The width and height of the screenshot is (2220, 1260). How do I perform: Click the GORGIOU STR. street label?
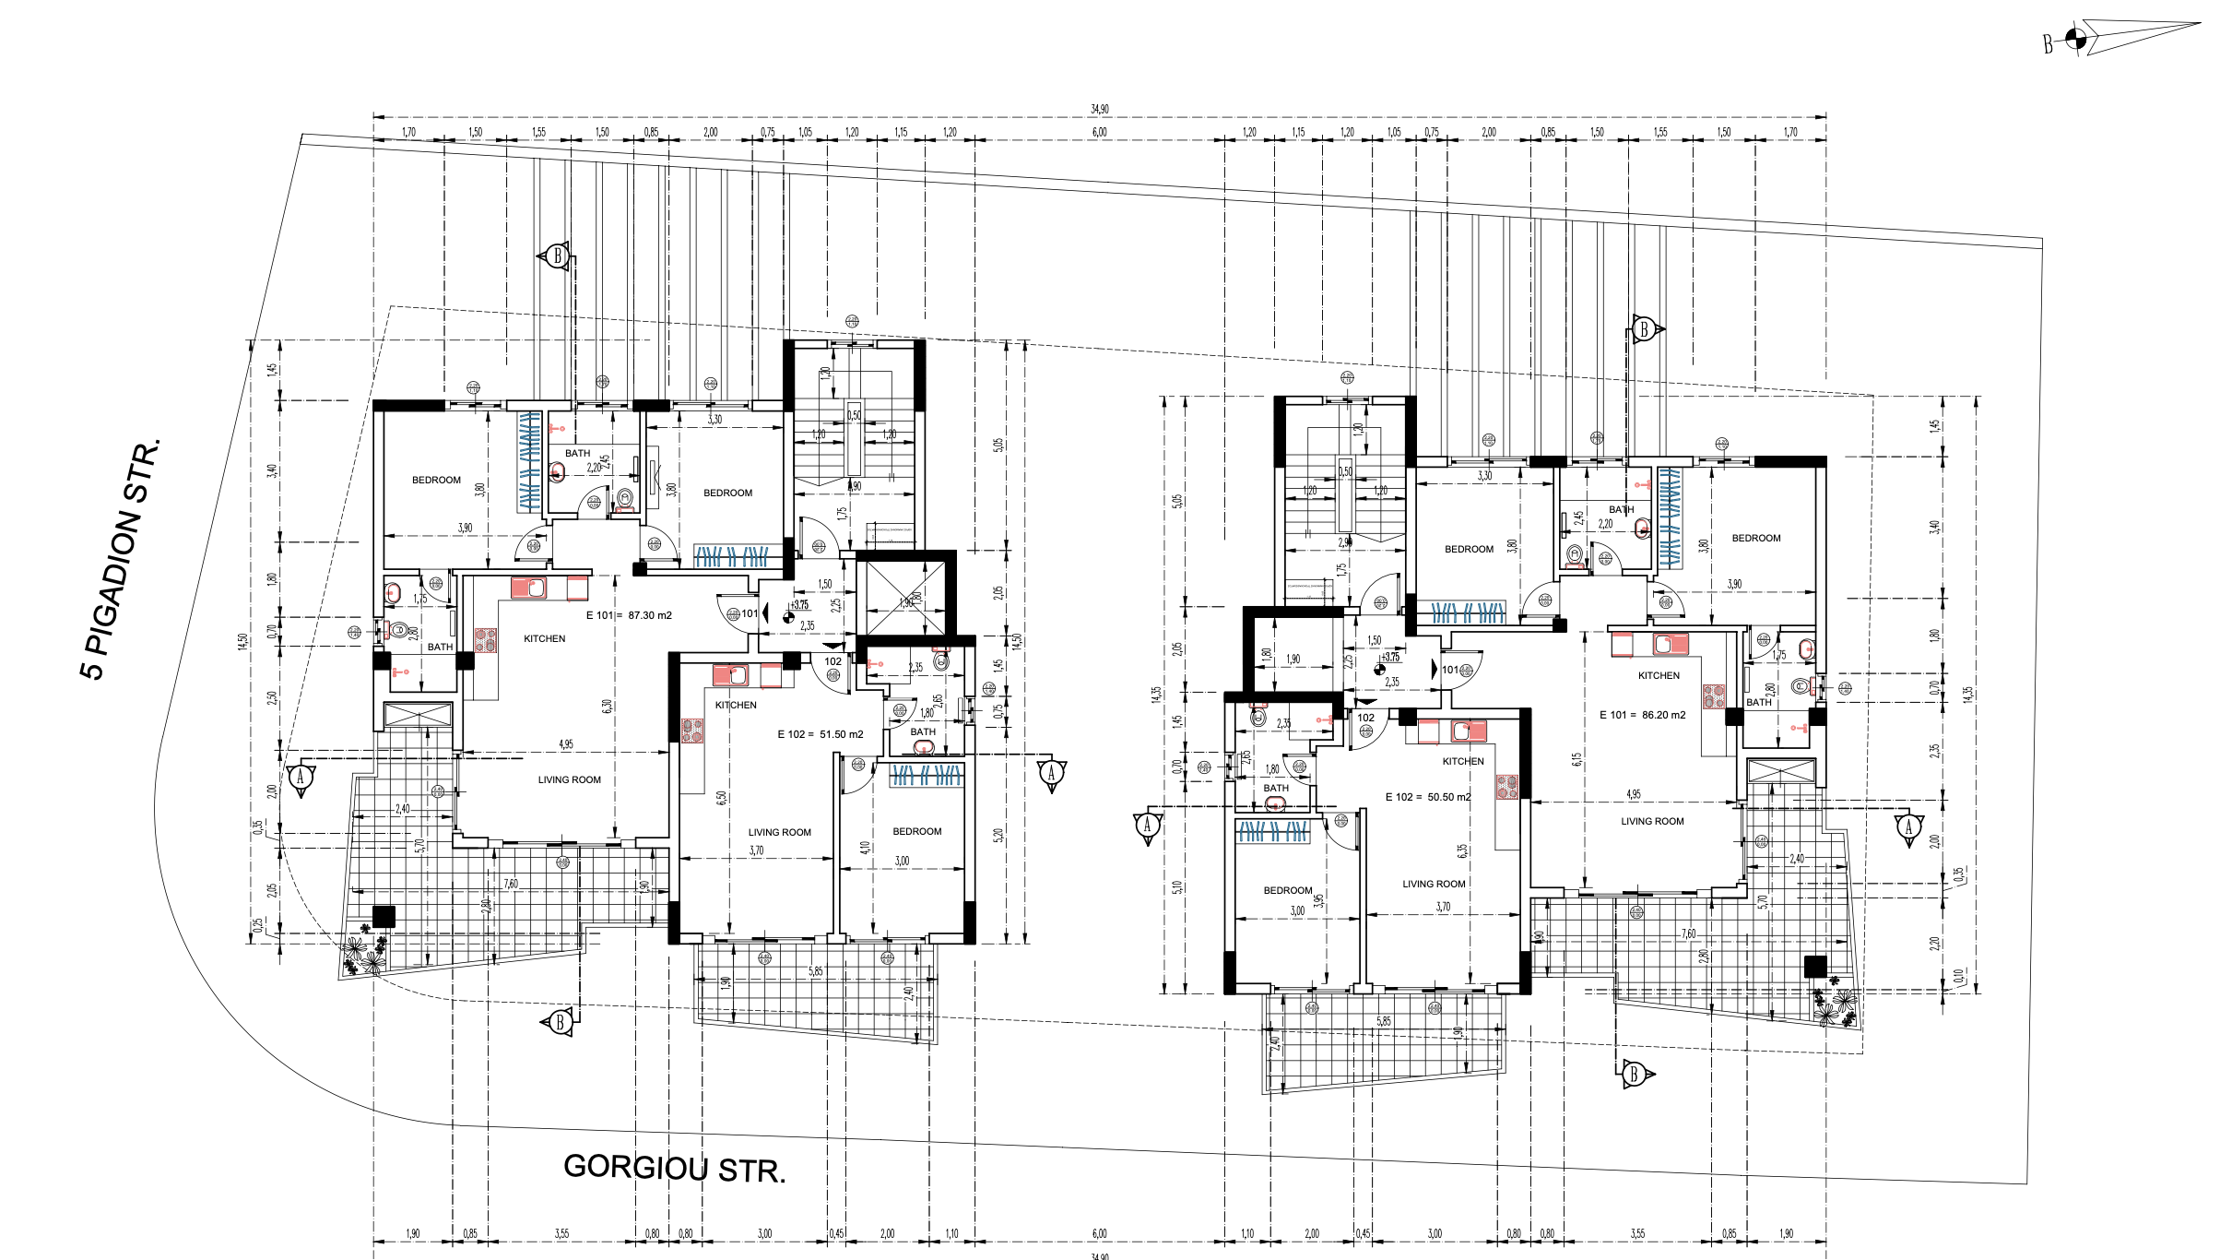(x=674, y=1169)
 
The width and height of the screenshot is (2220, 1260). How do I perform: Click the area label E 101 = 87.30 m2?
(x=629, y=615)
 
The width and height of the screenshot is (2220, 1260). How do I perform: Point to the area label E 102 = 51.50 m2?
(x=820, y=734)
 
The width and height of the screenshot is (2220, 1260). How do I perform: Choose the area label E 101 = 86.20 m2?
(x=1642, y=715)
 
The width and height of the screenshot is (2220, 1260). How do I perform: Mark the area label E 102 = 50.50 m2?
(x=1428, y=797)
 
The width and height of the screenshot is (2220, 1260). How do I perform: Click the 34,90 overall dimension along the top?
(x=1099, y=109)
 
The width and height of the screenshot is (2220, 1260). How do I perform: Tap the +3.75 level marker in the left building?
(x=798, y=606)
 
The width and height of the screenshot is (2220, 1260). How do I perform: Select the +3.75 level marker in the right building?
(x=1389, y=658)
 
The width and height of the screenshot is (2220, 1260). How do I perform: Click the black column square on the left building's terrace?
(x=384, y=916)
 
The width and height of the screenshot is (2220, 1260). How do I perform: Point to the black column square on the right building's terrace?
(x=1814, y=966)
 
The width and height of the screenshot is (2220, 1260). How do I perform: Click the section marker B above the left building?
(x=556, y=256)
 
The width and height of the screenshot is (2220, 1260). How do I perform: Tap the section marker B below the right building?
(x=1635, y=1073)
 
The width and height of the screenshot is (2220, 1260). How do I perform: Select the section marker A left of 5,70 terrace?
(x=301, y=777)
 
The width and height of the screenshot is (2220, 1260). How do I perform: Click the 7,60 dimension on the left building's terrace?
(x=510, y=884)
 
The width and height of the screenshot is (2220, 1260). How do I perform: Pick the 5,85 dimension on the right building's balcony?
(x=1384, y=1021)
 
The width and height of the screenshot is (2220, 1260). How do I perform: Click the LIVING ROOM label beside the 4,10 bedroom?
(x=779, y=832)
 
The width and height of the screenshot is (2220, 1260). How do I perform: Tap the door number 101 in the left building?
(x=750, y=613)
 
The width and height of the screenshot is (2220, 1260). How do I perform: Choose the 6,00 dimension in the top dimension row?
(x=1099, y=132)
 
